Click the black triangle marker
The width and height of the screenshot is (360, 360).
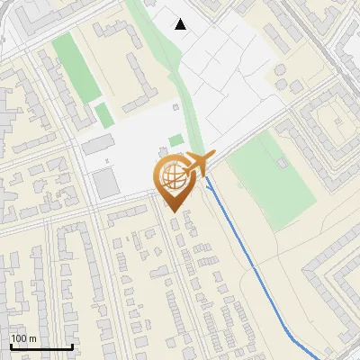click(181, 24)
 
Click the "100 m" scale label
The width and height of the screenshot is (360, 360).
click(23, 338)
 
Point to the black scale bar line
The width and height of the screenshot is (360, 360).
click(41, 346)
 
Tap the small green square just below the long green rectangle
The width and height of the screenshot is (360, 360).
click(104, 114)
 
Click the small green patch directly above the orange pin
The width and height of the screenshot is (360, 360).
click(175, 139)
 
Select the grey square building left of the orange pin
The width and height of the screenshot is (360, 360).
click(105, 184)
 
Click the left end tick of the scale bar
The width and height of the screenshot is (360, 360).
click(11, 345)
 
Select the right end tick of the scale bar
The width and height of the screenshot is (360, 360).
click(72, 345)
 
